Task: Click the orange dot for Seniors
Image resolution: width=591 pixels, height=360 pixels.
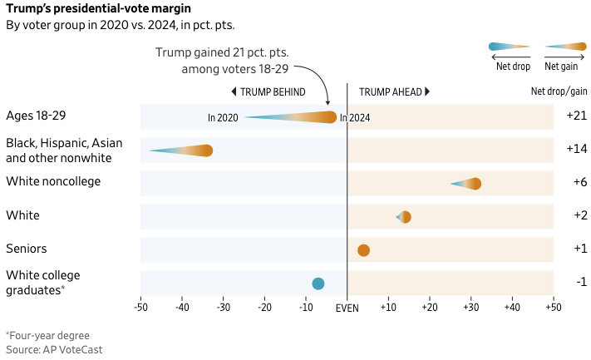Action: tap(363, 250)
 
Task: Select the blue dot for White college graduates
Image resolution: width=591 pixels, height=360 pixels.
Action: tap(318, 284)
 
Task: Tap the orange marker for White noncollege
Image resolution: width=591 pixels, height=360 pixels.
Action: tap(475, 184)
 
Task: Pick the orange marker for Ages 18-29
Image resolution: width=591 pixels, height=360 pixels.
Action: tap(331, 117)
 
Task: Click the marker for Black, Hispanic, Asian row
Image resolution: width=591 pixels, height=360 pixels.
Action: tap(207, 150)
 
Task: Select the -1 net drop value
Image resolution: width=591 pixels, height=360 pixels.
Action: tap(581, 282)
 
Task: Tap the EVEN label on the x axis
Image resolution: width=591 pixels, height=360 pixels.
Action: tap(347, 308)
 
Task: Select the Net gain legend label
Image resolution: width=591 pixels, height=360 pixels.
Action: tap(562, 66)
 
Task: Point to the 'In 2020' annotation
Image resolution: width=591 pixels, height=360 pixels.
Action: tap(223, 118)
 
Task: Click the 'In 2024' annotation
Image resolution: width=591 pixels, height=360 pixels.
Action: tap(355, 118)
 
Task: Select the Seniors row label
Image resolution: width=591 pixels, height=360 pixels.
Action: tap(26, 249)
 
